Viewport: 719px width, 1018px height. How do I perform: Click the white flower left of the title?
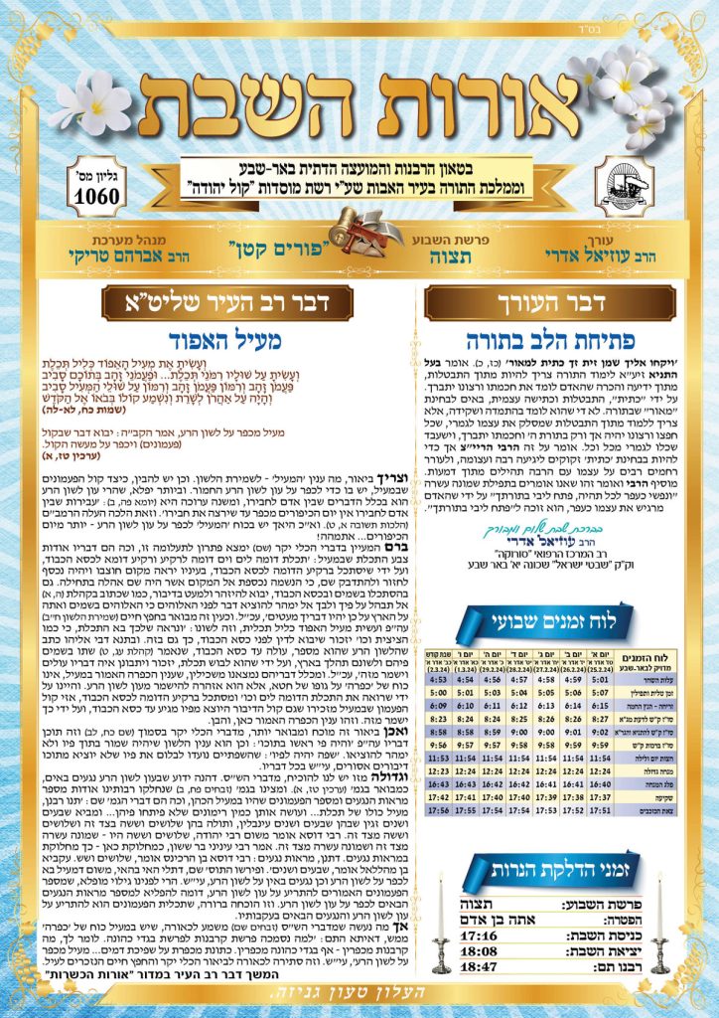coord(88,103)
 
